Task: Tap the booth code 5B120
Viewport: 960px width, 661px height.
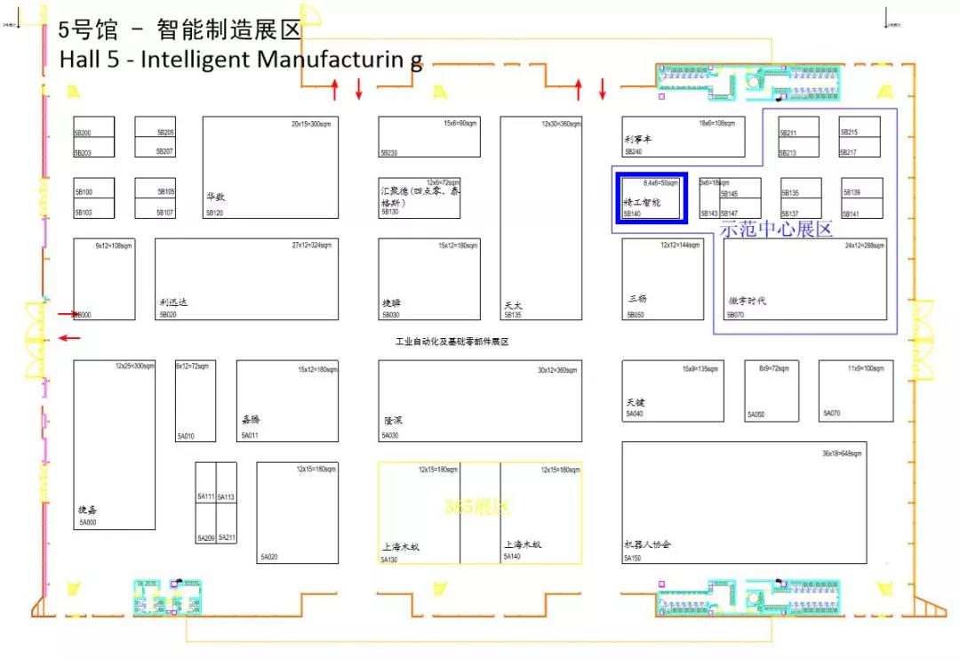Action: [214, 214]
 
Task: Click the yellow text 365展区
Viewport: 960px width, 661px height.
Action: [477, 507]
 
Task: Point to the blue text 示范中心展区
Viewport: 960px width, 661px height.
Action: [775, 229]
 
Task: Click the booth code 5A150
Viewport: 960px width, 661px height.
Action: [632, 559]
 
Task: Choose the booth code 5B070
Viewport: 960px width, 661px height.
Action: [735, 315]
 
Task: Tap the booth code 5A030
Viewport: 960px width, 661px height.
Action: [390, 436]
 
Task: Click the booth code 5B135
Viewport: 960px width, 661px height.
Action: [512, 315]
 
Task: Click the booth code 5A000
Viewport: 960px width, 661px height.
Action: [87, 523]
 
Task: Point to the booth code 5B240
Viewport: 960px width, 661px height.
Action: [633, 152]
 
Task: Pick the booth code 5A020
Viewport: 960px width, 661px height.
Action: [268, 558]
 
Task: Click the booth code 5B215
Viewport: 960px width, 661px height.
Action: [849, 133]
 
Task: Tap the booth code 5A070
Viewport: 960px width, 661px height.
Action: [831, 414]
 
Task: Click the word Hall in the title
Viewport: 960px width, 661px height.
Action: [77, 60]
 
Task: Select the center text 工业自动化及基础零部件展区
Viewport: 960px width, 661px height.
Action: [452, 342]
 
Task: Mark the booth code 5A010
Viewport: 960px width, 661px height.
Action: [185, 436]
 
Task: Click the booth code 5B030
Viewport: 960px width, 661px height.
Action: [390, 315]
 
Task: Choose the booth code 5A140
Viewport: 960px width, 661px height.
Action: [511, 557]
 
